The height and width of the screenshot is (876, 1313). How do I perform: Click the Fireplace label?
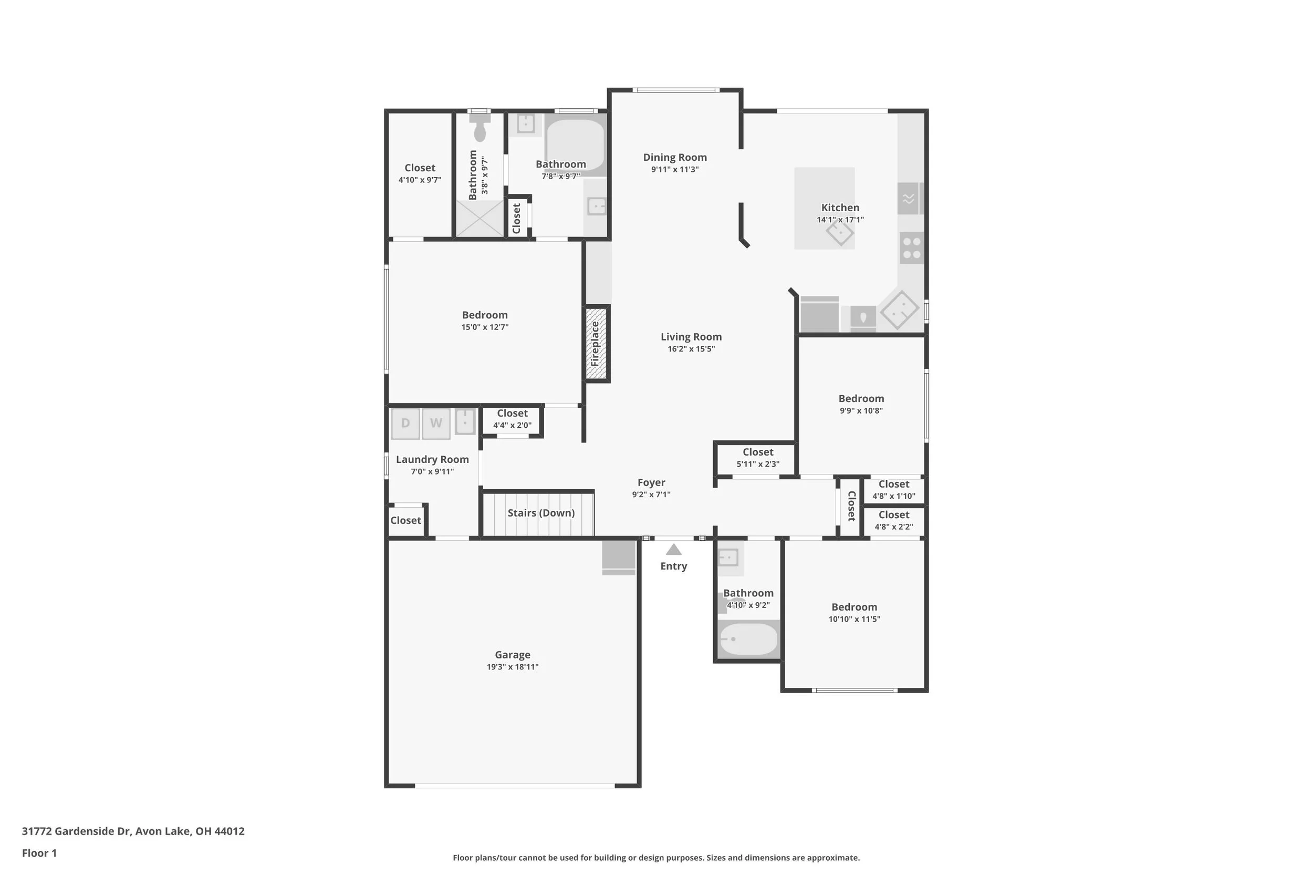click(595, 344)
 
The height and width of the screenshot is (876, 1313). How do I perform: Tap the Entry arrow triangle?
click(674, 550)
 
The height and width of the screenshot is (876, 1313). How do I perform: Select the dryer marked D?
click(405, 424)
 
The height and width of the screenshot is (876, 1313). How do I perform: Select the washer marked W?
click(436, 424)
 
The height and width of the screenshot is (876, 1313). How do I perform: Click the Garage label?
click(513, 655)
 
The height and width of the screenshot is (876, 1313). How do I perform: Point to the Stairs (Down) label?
click(541, 513)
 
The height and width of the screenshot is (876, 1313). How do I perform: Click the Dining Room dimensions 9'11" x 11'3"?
click(675, 169)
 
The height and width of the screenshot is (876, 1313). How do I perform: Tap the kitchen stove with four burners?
click(912, 248)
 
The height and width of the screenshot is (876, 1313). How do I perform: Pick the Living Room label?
click(691, 337)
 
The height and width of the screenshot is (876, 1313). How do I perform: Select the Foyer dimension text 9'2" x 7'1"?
click(651, 494)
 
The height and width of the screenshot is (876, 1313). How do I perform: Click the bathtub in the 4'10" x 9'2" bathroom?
click(748, 639)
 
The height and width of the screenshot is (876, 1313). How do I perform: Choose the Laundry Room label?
click(433, 459)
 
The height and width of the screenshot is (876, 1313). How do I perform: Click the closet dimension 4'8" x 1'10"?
click(894, 496)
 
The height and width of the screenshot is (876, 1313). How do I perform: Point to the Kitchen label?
click(840, 208)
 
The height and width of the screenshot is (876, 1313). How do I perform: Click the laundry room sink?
click(465, 422)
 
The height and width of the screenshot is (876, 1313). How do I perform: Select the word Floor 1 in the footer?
click(39, 853)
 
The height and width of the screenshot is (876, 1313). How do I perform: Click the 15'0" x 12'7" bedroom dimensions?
click(485, 327)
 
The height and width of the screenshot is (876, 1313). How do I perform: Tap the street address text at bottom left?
click(133, 831)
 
